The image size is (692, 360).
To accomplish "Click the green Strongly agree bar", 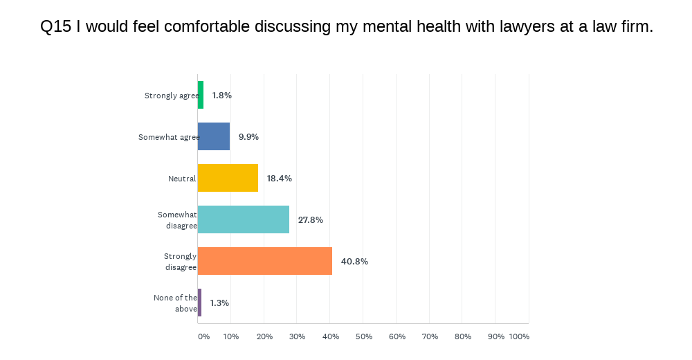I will tap(201, 95).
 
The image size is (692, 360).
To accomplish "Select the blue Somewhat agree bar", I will tap(214, 136).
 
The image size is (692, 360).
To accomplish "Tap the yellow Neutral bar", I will tap(228, 178).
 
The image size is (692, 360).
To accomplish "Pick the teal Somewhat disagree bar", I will tap(244, 219).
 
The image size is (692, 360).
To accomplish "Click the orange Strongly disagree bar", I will tap(265, 261).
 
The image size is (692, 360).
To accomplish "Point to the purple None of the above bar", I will tap(199, 303).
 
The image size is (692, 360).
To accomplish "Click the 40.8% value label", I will tap(354, 262).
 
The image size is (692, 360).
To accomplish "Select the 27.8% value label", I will tap(311, 220).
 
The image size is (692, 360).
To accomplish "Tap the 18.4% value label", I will tap(280, 179).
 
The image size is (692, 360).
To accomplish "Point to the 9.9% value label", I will tap(248, 137).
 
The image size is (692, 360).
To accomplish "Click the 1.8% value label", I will tap(221, 96).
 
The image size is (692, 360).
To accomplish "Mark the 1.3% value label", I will tap(219, 303).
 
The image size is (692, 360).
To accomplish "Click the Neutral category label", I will tap(182, 179).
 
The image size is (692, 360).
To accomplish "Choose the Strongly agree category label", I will tap(171, 96).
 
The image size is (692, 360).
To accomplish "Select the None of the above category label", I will tap(176, 303).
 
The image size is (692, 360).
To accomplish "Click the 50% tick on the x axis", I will tap(363, 336).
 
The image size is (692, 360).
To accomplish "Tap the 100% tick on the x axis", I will tap(519, 336).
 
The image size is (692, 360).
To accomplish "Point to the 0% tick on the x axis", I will tap(203, 336).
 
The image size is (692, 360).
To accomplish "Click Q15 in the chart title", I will tap(55, 26).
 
